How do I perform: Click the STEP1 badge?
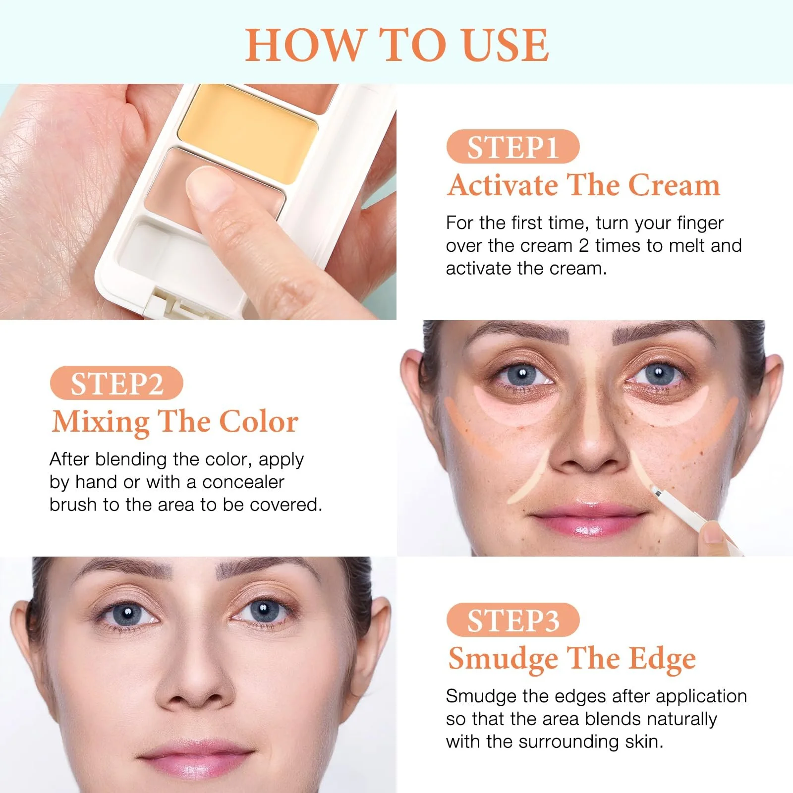click(513, 147)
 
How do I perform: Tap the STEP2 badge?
click(116, 383)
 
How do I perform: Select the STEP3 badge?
click(513, 620)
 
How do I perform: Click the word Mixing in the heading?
click(101, 423)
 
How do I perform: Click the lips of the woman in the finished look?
click(194, 758)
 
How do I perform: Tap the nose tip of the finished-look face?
click(194, 691)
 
